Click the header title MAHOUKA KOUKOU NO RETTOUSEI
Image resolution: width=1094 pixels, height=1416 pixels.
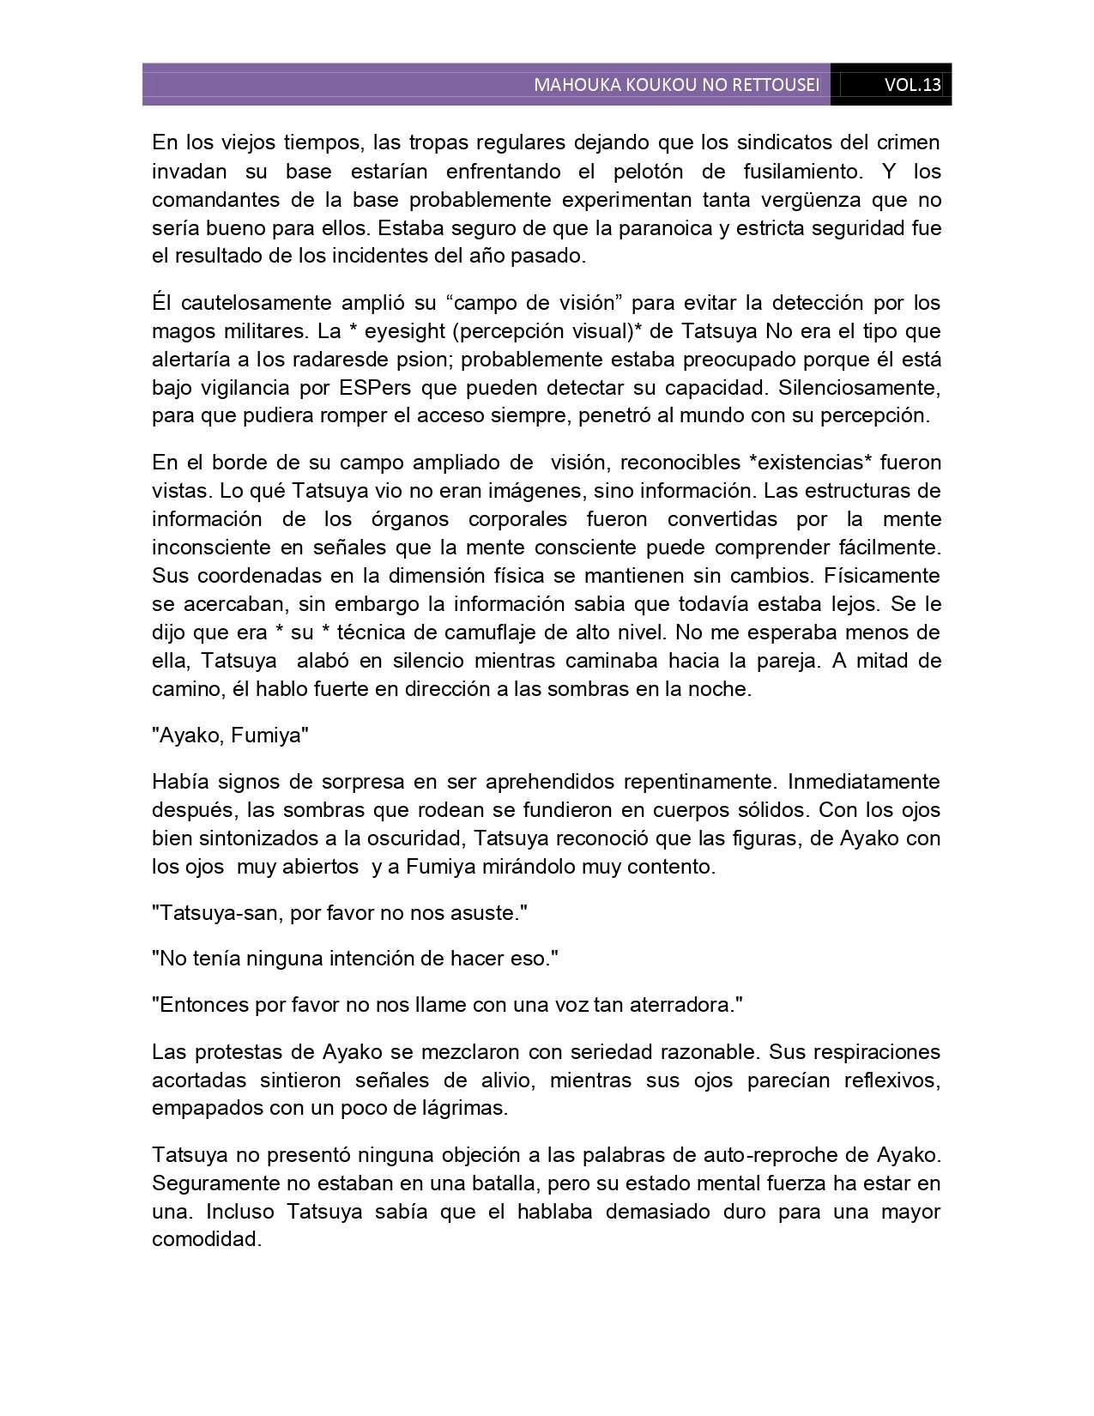(676, 85)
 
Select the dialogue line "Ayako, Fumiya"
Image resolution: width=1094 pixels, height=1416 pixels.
(230, 735)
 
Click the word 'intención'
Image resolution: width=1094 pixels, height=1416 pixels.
(373, 959)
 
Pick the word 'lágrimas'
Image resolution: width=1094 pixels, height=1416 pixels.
(463, 1108)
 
